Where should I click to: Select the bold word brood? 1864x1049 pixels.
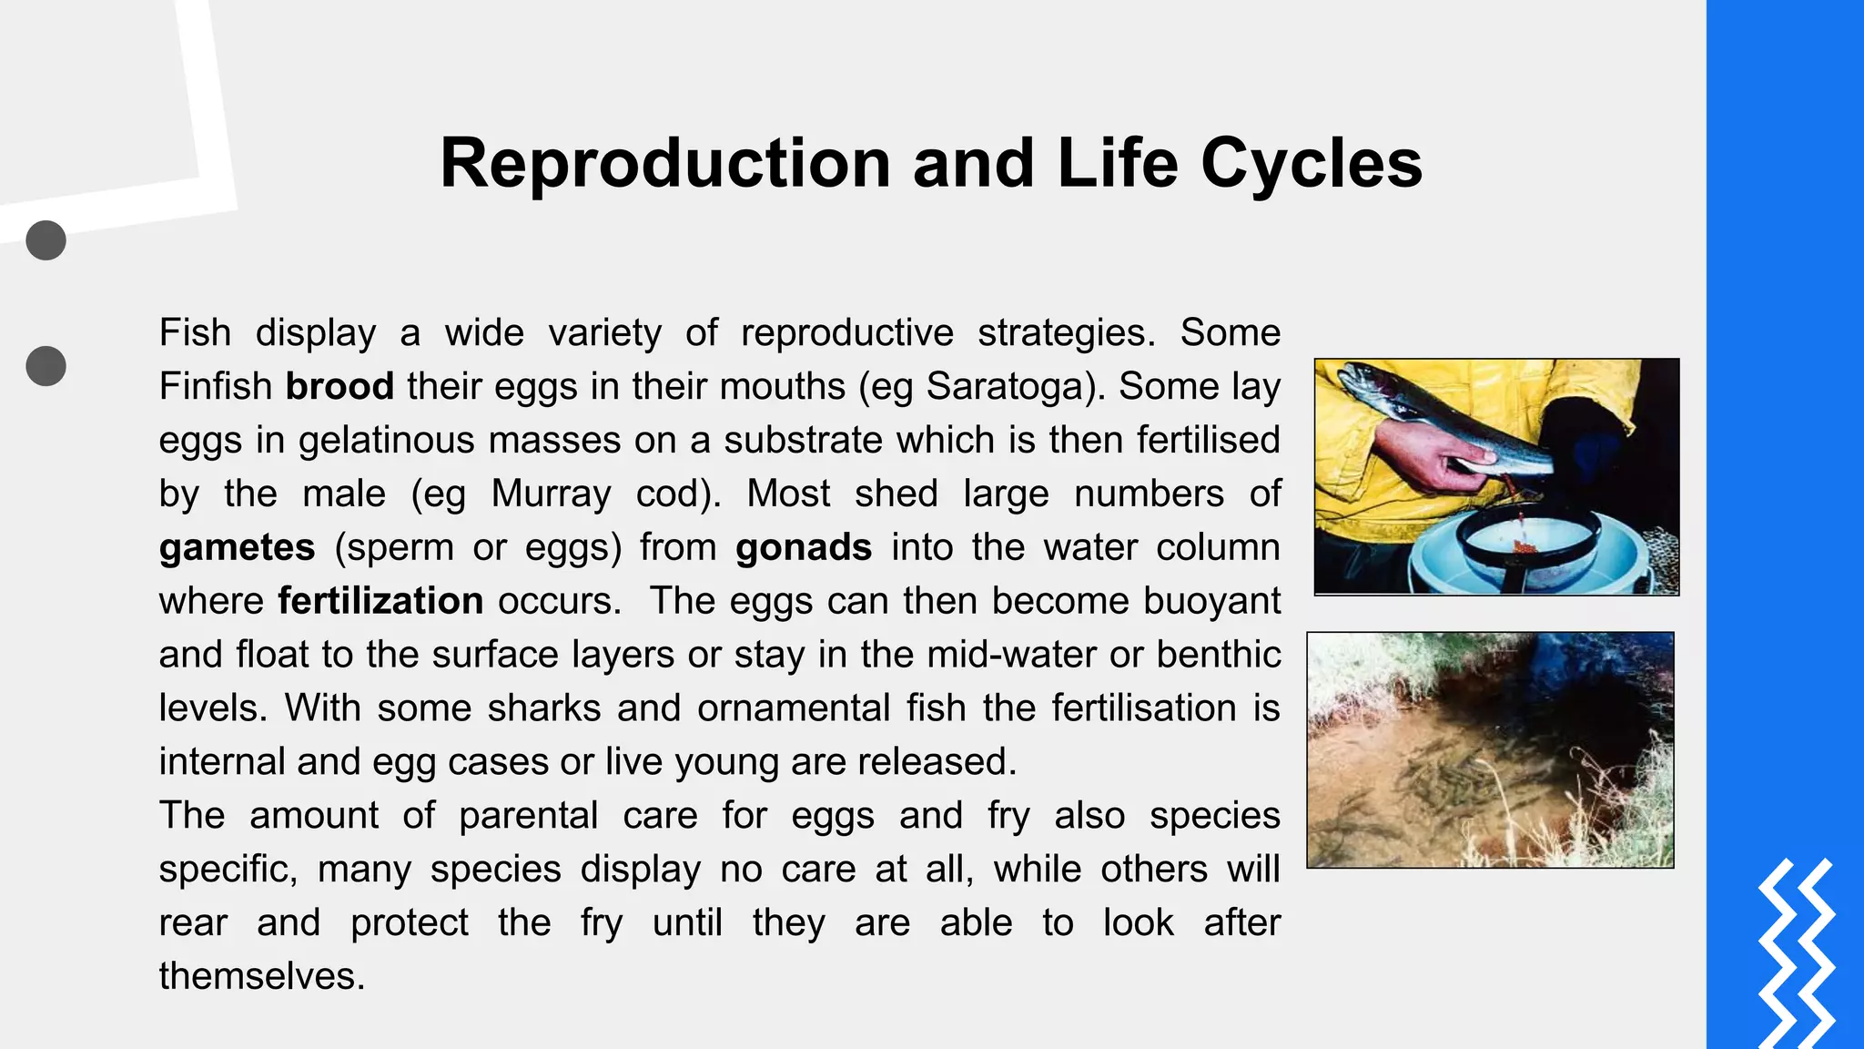[339, 386]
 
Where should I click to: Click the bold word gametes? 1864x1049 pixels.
[237, 547]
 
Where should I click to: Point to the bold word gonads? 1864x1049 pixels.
[804, 547]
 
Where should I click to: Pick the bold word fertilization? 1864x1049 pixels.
[380, 601]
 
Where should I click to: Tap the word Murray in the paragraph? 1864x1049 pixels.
[551, 494]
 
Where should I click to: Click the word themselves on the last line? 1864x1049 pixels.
[261, 976]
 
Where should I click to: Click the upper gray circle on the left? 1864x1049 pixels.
[46, 240]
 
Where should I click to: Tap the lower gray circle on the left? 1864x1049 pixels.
[46, 366]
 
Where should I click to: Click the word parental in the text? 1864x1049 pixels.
[528, 816]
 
